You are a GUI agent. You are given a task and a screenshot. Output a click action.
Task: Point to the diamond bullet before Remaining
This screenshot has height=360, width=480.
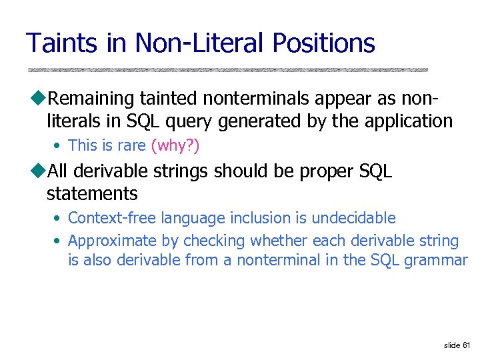tap(39, 99)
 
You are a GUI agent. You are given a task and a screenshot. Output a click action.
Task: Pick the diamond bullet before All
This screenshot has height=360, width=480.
tap(39, 171)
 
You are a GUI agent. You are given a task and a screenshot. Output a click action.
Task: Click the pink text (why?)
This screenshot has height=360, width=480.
tap(175, 145)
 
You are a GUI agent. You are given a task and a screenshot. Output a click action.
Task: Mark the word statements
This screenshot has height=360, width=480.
tap(92, 194)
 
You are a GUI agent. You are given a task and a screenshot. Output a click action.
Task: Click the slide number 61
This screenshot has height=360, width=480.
tap(465, 345)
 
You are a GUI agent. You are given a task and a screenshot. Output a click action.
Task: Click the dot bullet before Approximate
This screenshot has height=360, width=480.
tap(59, 241)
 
